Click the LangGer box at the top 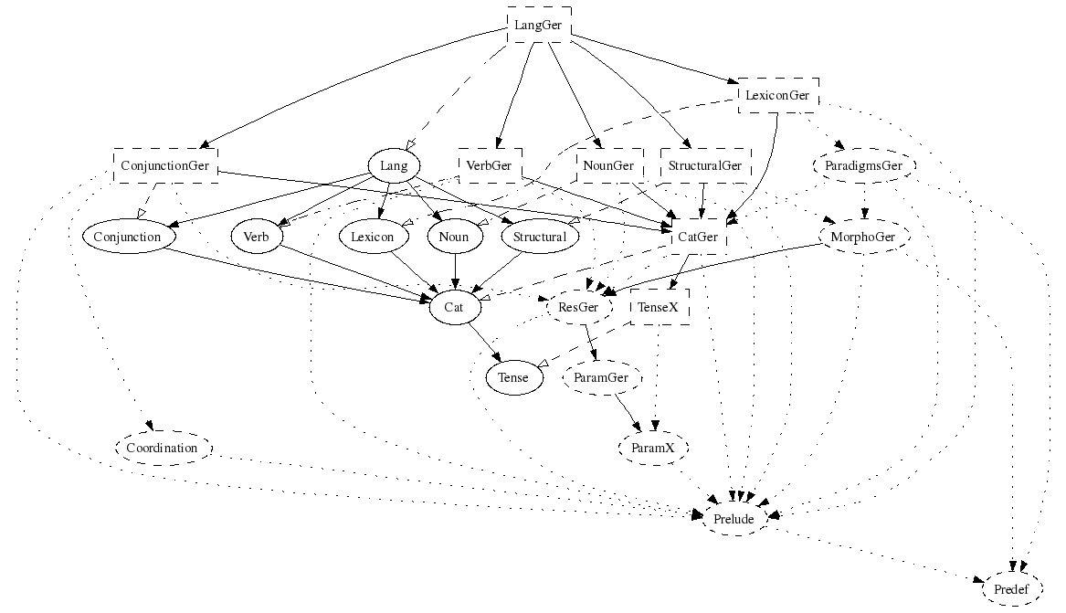pos(539,25)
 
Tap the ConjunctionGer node pos(165,166)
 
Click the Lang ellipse pos(394,166)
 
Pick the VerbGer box pos(489,166)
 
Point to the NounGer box pos(609,166)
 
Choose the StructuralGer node pos(704,166)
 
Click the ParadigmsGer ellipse pos(863,166)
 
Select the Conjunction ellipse pos(127,237)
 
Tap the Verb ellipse pos(256,237)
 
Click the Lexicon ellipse pos(372,237)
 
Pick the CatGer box pos(701,237)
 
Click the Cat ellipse pos(454,307)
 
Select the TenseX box pos(660,307)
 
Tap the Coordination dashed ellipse pos(163,449)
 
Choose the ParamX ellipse pos(653,449)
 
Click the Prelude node pos(734,519)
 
